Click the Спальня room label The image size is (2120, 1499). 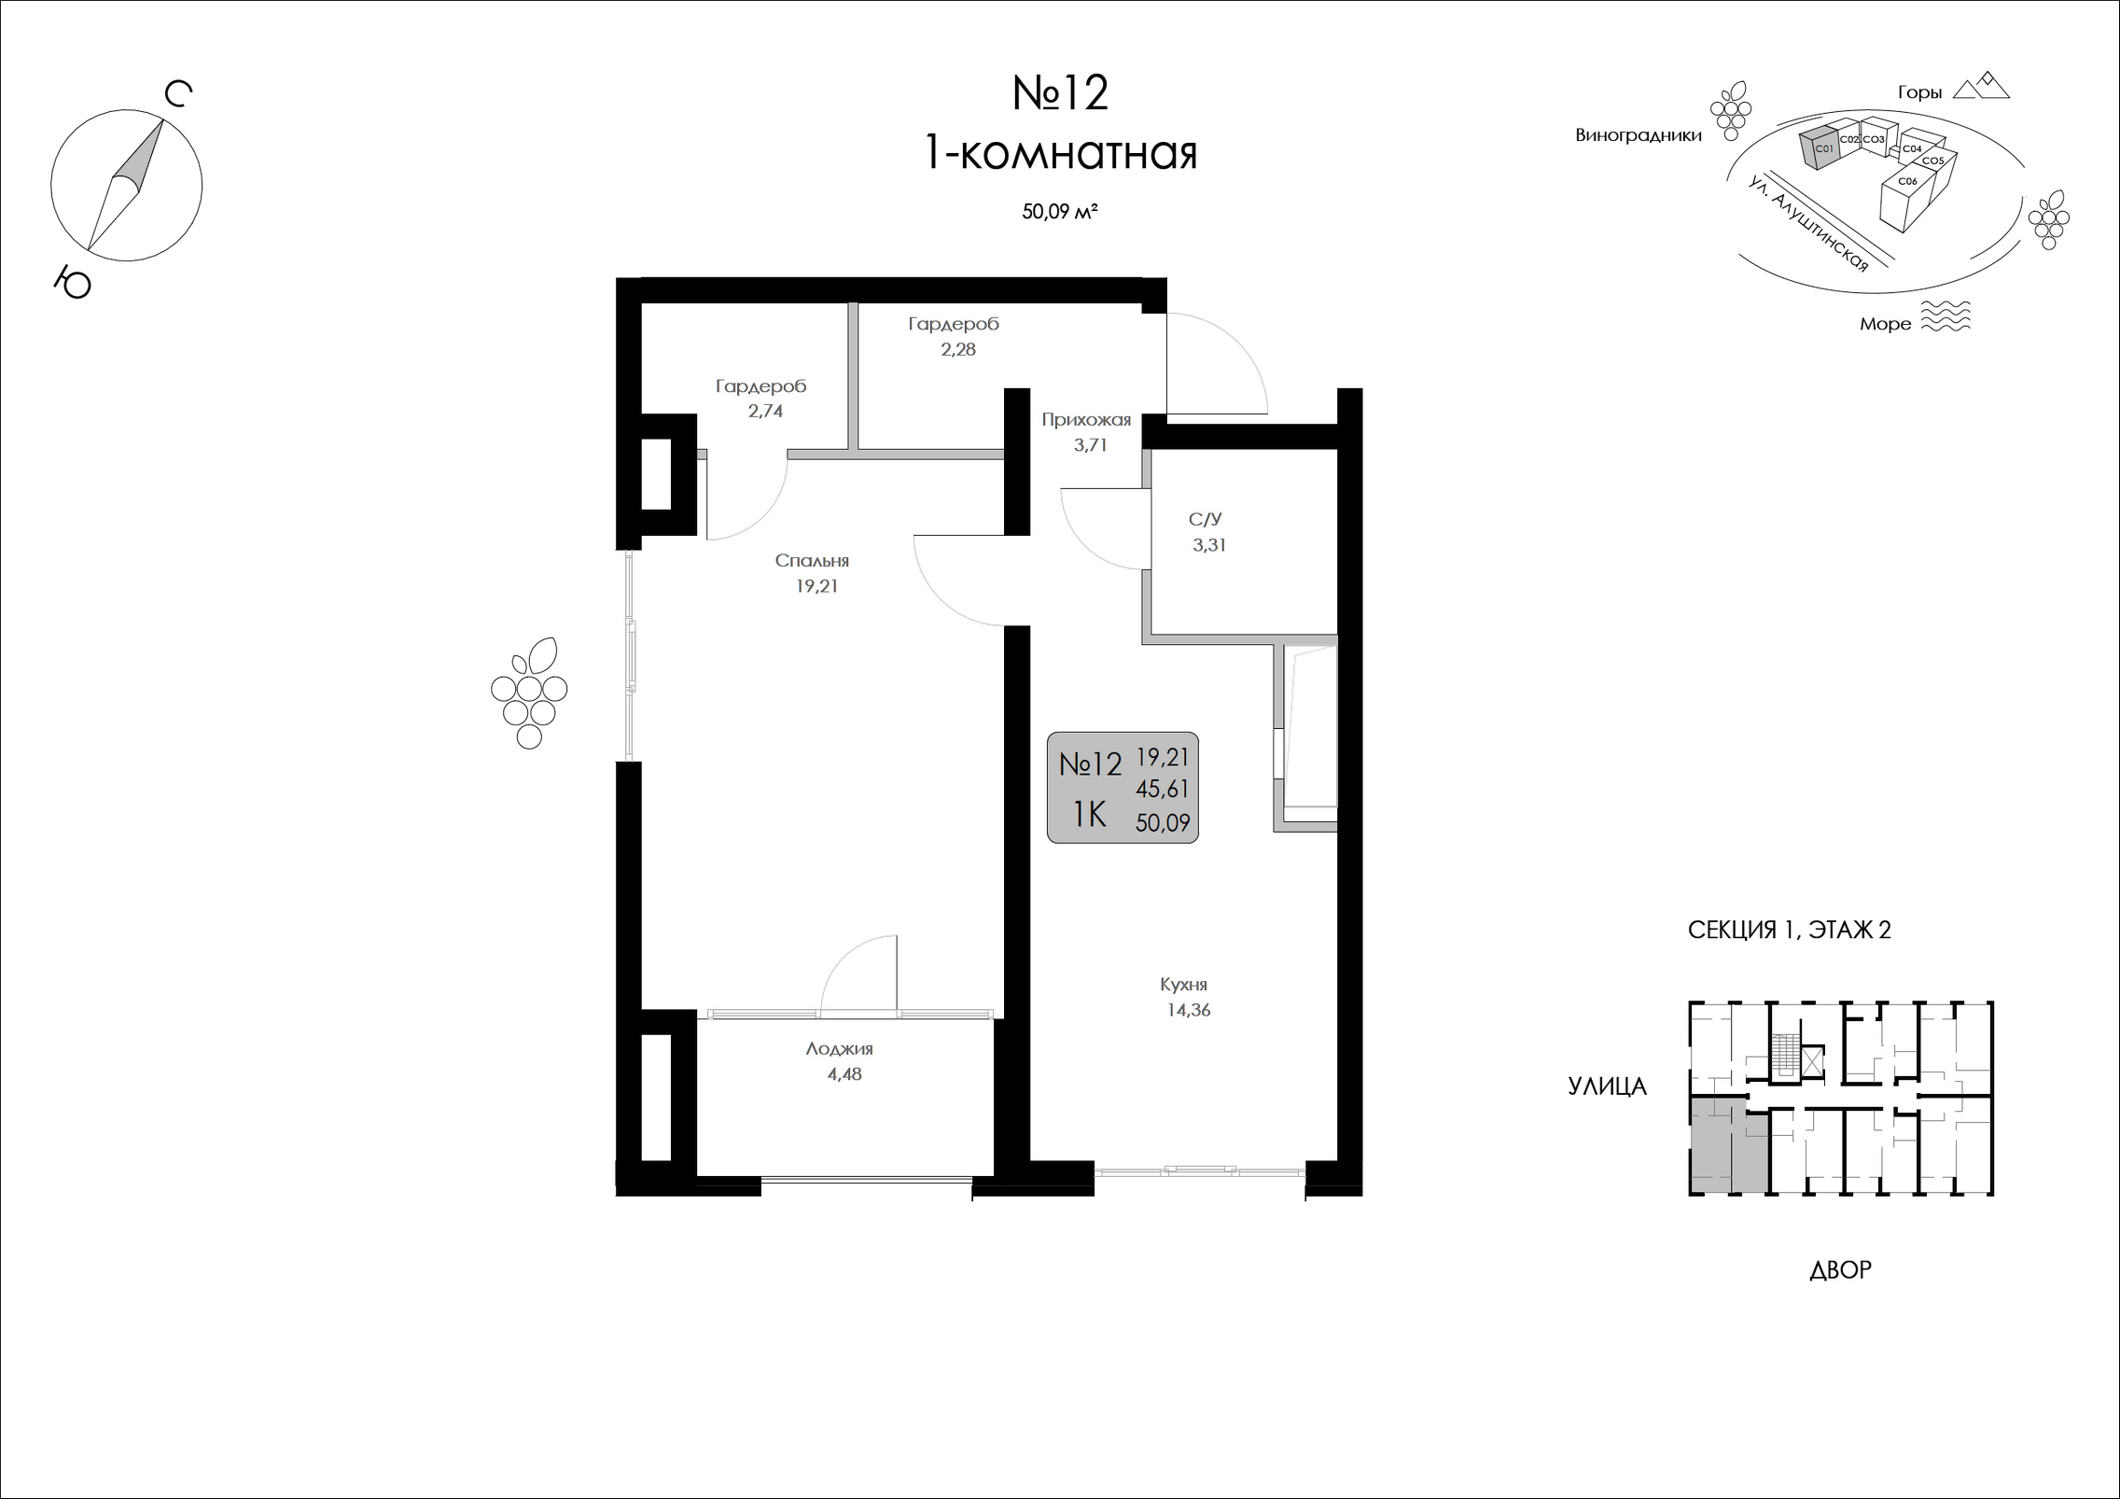coord(812,561)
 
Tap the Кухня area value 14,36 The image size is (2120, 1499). coord(1188,1010)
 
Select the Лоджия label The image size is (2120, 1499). coord(840,1049)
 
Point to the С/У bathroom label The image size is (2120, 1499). coord(1205,519)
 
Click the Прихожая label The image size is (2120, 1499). coord(1086,420)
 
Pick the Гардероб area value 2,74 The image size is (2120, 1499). coord(765,411)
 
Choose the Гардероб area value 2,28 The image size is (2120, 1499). coord(958,349)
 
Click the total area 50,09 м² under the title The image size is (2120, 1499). coord(1059,212)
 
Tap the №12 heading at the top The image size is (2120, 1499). coord(1061,93)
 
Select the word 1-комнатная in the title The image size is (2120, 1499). coord(1060,153)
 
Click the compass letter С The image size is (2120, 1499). coord(178,94)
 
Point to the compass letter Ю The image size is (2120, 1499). coord(72,281)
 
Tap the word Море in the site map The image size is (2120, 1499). coord(1885,324)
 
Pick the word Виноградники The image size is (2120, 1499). coord(1639,135)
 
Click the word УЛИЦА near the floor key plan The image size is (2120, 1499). coord(1608,1086)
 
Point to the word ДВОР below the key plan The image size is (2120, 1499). coord(1840,1269)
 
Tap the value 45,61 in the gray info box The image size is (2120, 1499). coord(1162,790)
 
